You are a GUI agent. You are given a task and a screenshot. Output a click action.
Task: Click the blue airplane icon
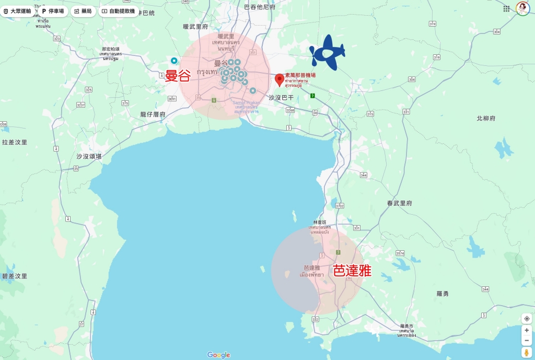tap(328, 52)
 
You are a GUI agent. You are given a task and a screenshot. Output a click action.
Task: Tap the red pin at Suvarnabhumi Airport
tap(280, 79)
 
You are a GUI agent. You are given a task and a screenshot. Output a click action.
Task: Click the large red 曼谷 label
tap(178, 76)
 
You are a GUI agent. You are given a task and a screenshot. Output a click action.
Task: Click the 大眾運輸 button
tap(17, 11)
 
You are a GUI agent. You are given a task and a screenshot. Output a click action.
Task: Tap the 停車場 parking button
tap(52, 11)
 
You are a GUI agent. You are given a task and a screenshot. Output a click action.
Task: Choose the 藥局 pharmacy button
tap(83, 11)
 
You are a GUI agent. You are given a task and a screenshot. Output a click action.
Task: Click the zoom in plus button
tap(527, 330)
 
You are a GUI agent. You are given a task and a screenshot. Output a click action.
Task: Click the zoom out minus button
tap(527, 341)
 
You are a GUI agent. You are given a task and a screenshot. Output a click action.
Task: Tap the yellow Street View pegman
tap(527, 353)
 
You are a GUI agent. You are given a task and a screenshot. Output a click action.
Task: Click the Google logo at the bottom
tap(218, 355)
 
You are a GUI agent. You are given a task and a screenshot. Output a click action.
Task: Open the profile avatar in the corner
tap(522, 8)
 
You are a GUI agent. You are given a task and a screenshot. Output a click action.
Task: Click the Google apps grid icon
tap(506, 8)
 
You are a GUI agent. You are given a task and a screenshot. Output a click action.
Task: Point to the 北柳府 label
tap(486, 119)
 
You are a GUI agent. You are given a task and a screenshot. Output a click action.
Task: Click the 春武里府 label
tap(400, 203)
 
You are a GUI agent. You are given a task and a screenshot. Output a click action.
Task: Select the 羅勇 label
tap(443, 294)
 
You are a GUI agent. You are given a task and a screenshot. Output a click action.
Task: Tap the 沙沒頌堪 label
tap(89, 156)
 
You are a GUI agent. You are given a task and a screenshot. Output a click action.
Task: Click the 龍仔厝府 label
tap(153, 114)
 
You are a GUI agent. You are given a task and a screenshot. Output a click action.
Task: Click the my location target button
tap(527, 318)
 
